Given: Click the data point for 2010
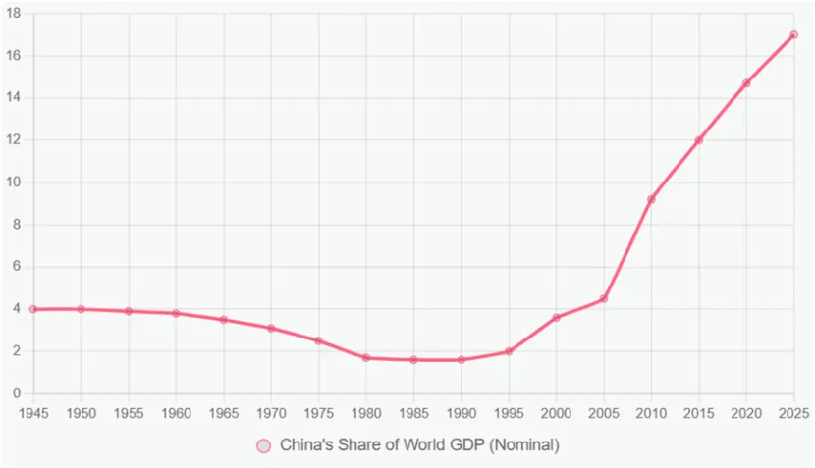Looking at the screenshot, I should (651, 199).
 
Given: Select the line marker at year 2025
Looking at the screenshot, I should (793, 34).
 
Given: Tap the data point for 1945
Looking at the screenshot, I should (33, 309).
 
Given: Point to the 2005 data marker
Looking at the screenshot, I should (604, 298).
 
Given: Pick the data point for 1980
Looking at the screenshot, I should (366, 358).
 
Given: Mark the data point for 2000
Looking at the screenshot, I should (556, 317).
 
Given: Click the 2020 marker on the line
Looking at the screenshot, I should (746, 83).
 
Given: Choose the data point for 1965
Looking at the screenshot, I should (224, 320).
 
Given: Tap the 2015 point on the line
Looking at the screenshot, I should (699, 140).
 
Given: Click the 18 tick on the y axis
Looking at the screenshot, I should (14, 14).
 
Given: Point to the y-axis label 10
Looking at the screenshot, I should (14, 182).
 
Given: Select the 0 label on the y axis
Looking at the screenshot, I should (18, 393).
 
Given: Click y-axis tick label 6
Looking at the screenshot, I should (18, 267).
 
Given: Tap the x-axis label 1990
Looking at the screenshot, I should (461, 413).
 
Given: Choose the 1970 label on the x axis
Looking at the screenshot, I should (271, 413).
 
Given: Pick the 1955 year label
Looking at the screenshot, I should (129, 413).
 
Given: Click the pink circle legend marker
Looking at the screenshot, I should (263, 445).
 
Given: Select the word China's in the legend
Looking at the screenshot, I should (307, 445).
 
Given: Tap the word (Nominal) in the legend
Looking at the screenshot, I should (524, 445).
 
